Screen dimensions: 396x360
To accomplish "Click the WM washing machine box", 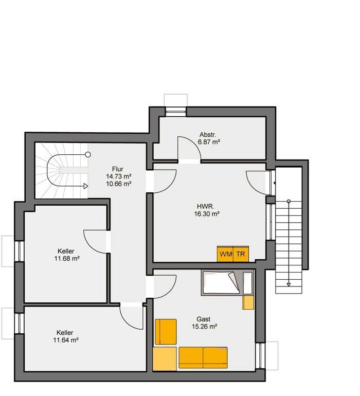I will (225, 254).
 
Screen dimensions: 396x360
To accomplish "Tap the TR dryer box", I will (241, 254).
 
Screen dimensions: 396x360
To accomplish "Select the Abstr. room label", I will (208, 134).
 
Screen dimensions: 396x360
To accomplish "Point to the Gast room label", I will (204, 319).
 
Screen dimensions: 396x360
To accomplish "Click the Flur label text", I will (118, 169).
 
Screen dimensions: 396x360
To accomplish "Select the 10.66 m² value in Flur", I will (118, 183).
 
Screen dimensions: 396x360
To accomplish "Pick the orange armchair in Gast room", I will (166, 332).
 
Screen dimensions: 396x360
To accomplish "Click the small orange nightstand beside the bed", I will (248, 302).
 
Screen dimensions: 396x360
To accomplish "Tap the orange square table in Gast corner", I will (165, 358).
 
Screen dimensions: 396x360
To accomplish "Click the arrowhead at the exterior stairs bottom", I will (289, 283).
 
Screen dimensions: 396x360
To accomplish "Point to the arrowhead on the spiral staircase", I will (86, 186).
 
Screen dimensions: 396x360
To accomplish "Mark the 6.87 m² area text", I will (210, 141).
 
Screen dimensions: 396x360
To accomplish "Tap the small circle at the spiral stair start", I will (88, 154).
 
